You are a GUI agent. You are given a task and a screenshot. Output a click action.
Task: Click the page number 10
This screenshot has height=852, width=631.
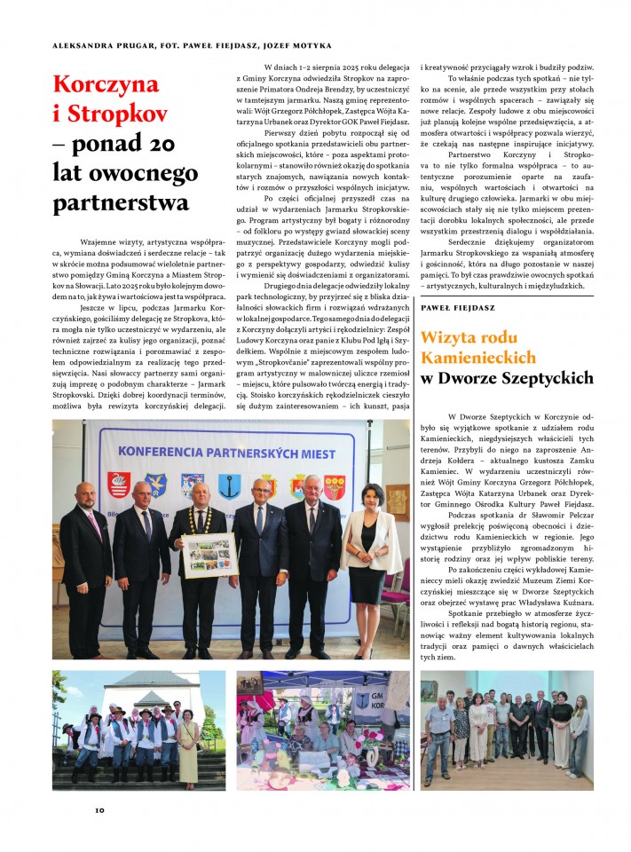pos(100,809)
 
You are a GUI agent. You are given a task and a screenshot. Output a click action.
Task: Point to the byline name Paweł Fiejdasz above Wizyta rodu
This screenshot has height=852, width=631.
pos(457,307)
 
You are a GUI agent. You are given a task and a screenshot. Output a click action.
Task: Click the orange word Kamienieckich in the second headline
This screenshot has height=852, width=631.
pos(478,357)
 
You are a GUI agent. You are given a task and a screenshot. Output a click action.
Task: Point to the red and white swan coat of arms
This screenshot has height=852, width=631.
pos(118,484)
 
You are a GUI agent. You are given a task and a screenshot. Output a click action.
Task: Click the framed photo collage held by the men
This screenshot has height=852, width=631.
pos(209,554)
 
